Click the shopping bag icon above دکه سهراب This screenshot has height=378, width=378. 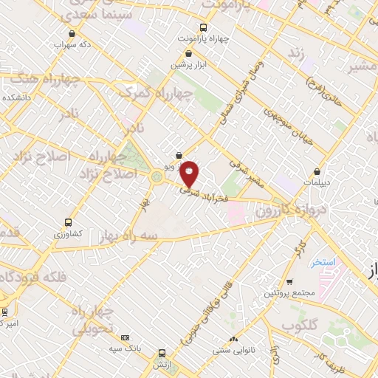pyautogui.click(x=70, y=33)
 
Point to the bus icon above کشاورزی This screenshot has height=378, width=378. pyautogui.click(x=68, y=221)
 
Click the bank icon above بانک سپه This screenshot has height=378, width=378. pyautogui.click(x=124, y=336)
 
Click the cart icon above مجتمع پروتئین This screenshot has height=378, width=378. pyautogui.click(x=289, y=282)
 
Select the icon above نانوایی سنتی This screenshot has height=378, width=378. pyautogui.click(x=233, y=338)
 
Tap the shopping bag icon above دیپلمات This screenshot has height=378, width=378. pyautogui.click(x=317, y=171)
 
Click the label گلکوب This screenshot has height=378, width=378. pyautogui.click(x=299, y=326)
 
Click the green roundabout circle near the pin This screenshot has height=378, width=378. pyautogui.click(x=157, y=176)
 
